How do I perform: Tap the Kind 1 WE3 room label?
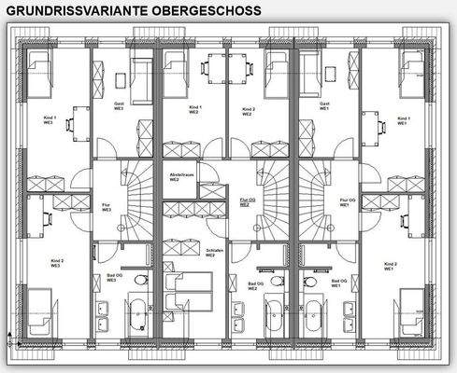(x=49, y=120)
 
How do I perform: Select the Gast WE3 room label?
(x=119, y=105)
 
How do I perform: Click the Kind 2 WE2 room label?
(x=248, y=111)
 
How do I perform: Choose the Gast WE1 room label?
(x=325, y=105)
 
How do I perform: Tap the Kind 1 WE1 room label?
(x=403, y=120)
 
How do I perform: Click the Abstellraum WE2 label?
(x=180, y=177)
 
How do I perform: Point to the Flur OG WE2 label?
(x=244, y=201)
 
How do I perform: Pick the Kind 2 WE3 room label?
(x=56, y=263)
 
